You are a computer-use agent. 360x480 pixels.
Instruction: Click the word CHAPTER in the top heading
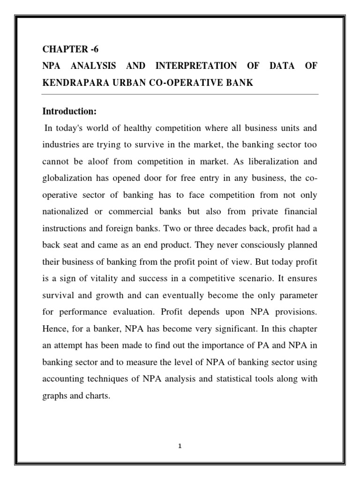(x=61, y=50)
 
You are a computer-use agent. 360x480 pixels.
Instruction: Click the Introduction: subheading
(x=69, y=112)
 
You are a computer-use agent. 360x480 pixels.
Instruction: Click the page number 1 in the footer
(x=180, y=446)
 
